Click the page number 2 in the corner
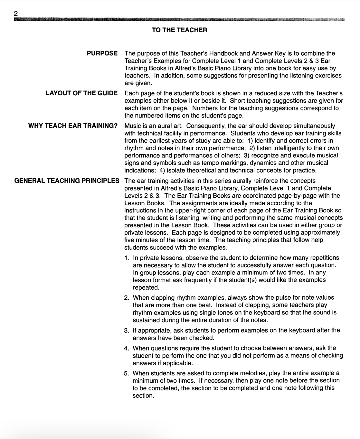pos(16,14)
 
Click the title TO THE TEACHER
pos(179,30)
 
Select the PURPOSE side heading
pos(102,53)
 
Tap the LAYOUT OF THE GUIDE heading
pos(81,93)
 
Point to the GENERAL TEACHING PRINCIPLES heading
pos(67,181)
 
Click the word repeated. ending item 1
pos(146,288)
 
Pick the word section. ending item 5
pos(143,396)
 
